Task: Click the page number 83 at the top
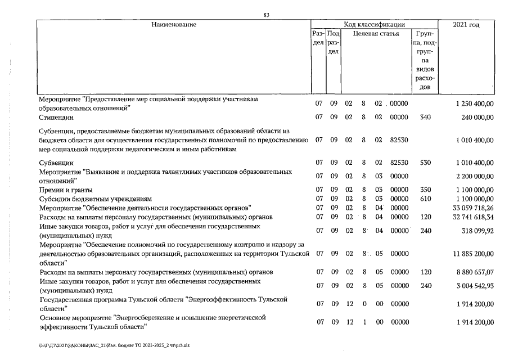coord(267,15)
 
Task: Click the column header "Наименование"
coord(174,25)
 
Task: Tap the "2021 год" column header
coord(466,25)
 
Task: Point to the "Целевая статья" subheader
coord(376,34)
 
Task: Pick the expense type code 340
coord(425,117)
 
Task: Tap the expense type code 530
coord(425,163)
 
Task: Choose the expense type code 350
coord(425,190)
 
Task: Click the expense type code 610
coord(425,199)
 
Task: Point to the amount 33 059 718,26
coord(470,208)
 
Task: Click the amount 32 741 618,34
coord(470,217)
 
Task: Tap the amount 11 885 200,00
coord(470,253)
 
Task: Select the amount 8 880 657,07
coord(471,272)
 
